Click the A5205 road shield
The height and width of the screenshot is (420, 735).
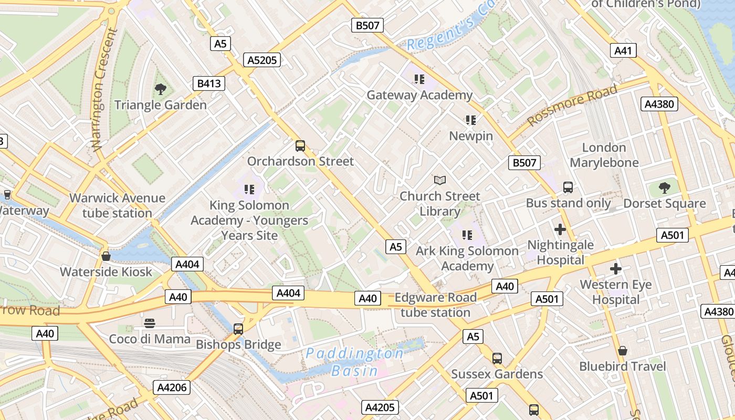point(262,60)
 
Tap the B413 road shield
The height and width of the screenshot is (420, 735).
point(208,83)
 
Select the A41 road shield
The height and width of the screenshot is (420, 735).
point(623,50)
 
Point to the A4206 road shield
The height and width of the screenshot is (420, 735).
point(172,387)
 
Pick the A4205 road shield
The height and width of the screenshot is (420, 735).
point(381,407)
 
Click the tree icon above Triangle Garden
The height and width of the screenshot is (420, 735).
point(161,89)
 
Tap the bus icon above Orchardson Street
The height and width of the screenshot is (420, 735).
point(300,145)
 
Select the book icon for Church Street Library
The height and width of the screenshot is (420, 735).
point(440,180)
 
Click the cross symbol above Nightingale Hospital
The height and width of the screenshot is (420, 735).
point(560,229)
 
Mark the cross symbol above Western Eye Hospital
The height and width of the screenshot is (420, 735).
point(616,269)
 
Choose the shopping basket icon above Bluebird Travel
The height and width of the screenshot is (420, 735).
point(623,350)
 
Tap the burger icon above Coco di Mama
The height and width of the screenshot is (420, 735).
point(150,323)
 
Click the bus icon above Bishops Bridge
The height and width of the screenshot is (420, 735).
point(238,329)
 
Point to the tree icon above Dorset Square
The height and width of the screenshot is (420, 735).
point(665,187)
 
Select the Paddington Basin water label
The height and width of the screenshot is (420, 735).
point(355,362)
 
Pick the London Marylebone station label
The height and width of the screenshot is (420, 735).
point(604,155)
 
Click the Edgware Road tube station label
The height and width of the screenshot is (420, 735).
point(435,305)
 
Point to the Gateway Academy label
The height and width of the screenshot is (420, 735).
point(419,95)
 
